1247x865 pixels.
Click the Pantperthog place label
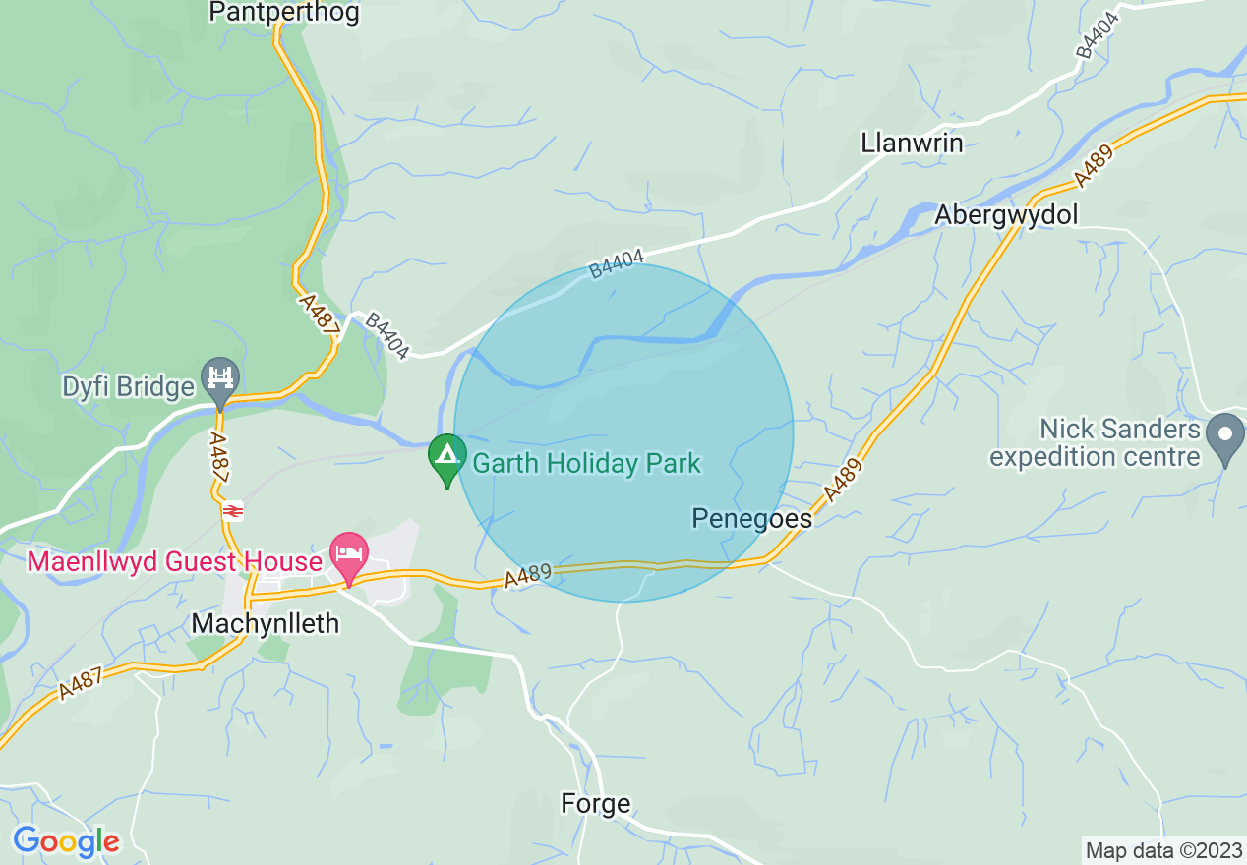[x=284, y=13]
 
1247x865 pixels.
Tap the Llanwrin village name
[x=912, y=143]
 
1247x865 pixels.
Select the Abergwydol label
[x=1006, y=214]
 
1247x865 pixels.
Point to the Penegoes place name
[x=752, y=518]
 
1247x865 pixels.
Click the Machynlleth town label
[x=266, y=623]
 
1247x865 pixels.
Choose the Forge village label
[x=595, y=803]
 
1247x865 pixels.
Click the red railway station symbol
[x=233, y=510]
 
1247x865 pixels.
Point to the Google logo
[x=66, y=841]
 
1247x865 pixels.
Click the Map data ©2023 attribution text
[x=1162, y=850]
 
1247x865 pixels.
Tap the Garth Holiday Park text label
[x=586, y=463]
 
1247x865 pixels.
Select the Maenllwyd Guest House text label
[x=175, y=562]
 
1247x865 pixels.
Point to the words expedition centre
[x=1095, y=457]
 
